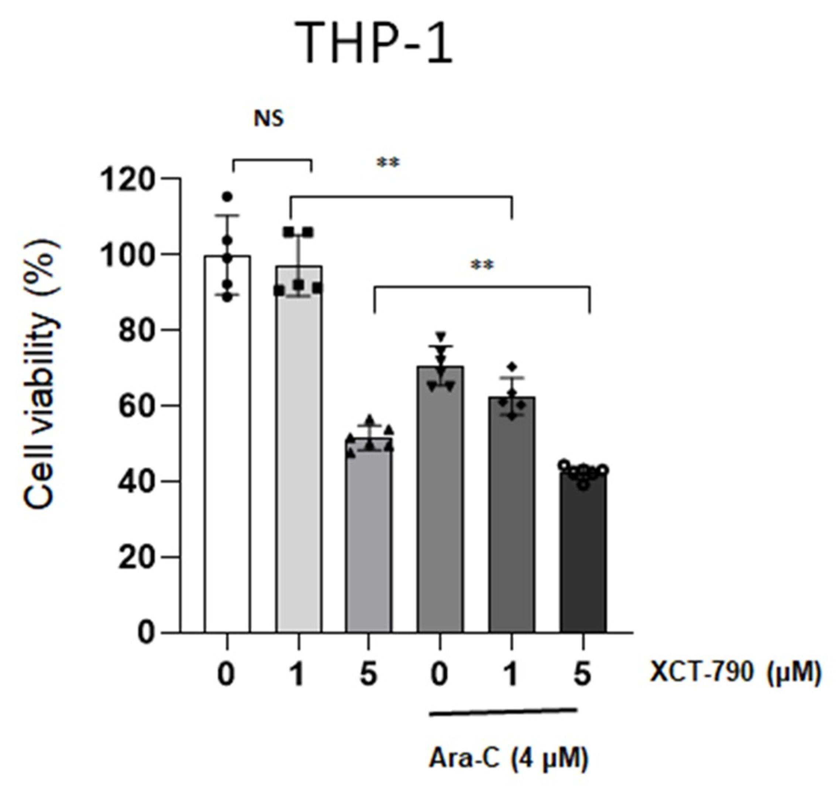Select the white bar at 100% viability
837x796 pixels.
227,444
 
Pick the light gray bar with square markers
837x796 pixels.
299,449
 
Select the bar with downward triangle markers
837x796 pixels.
440,500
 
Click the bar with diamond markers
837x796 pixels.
512,515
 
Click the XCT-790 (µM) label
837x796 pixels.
736,673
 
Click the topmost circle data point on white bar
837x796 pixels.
227,196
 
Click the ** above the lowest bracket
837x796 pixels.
482,265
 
